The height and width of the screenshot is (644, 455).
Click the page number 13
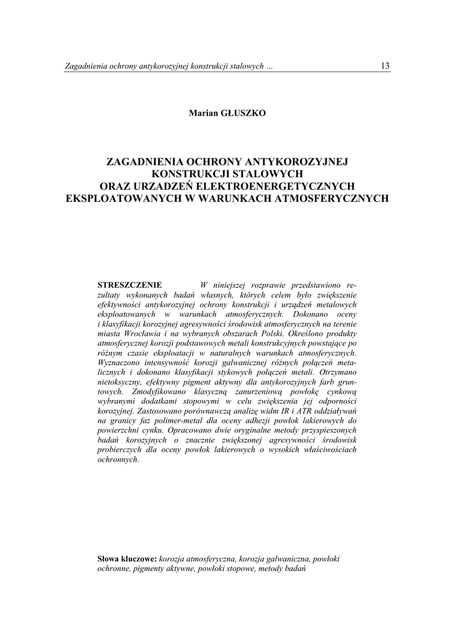tap(385, 66)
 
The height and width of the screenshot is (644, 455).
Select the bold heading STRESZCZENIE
tap(130, 285)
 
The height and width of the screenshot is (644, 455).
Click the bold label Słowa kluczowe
tap(128, 558)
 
